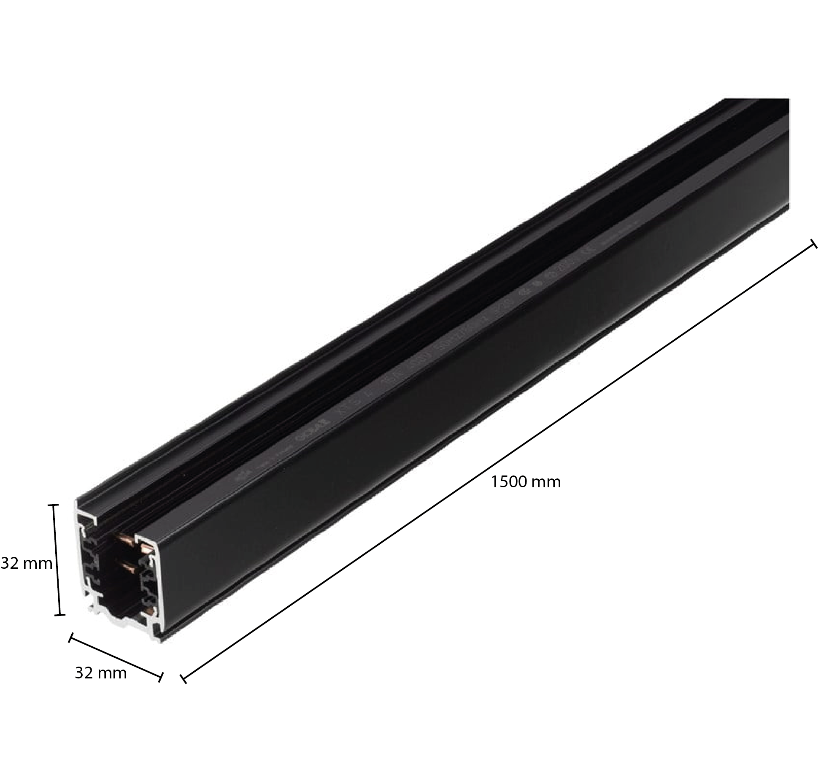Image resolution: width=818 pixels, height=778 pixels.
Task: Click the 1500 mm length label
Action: [526, 482]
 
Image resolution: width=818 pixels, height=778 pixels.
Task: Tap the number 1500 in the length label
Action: [509, 482]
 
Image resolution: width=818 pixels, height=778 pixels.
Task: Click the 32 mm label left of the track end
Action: [27, 563]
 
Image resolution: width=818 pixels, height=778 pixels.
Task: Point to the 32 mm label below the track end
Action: [101, 673]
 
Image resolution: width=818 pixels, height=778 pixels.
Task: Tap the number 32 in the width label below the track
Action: [84, 673]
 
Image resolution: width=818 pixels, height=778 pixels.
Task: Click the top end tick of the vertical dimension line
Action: [53, 505]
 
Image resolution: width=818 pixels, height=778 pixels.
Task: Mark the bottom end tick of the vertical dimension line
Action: [60, 615]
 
